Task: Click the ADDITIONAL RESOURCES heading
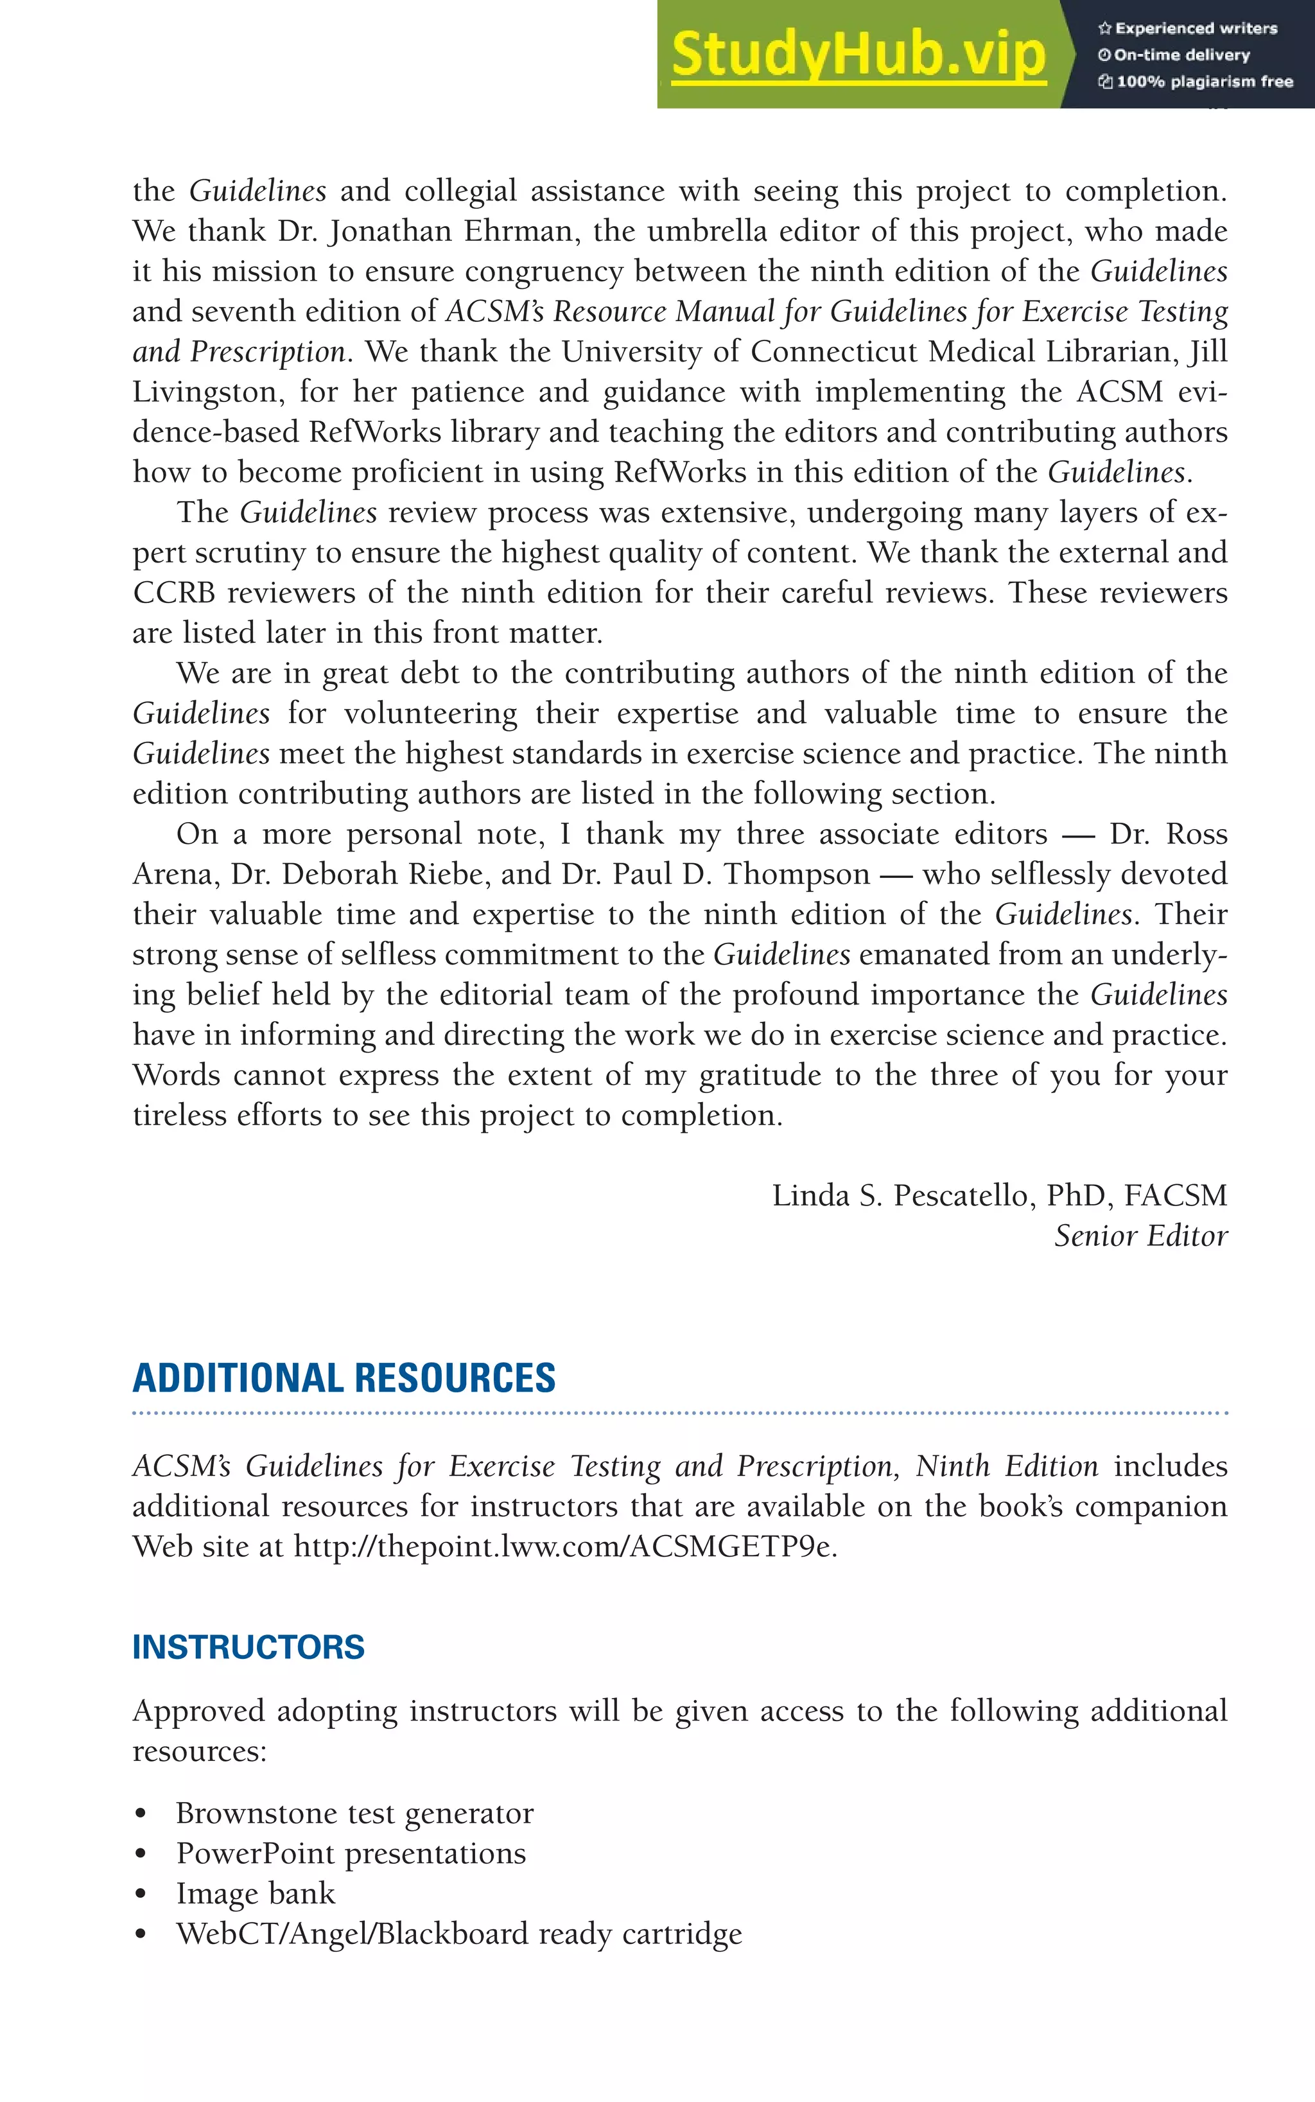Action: (344, 1378)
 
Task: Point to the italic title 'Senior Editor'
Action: (1140, 1236)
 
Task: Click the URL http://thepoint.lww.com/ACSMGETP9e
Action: (564, 1546)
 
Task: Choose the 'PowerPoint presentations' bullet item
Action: (351, 1853)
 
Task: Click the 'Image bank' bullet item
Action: (255, 1893)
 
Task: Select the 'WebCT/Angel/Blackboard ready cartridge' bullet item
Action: (458, 1933)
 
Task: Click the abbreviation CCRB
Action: (173, 593)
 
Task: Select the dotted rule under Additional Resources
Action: (679, 1414)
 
